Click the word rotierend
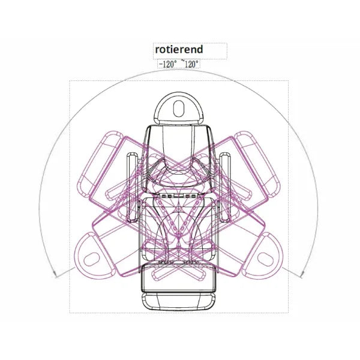click(x=179, y=50)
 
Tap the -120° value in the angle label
click(x=167, y=64)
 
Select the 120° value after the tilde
click(x=191, y=64)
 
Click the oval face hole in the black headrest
click(x=179, y=109)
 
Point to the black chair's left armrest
click(x=133, y=188)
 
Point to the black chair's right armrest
click(x=225, y=188)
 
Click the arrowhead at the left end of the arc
click(x=55, y=274)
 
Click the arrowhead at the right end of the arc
click(x=302, y=274)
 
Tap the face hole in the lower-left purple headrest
click(x=92, y=259)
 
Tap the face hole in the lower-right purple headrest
click(x=265, y=259)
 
